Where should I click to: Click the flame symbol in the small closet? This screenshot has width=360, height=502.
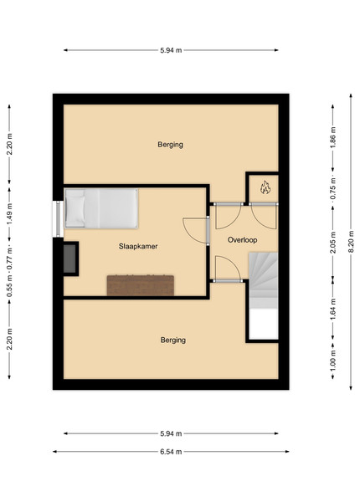(265, 187)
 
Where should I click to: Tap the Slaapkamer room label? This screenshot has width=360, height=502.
(138, 246)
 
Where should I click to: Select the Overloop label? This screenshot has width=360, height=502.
(242, 240)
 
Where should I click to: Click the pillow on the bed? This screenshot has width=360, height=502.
(75, 208)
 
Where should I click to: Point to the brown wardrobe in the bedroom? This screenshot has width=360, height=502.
(141, 285)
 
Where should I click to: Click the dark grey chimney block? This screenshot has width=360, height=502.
(69, 259)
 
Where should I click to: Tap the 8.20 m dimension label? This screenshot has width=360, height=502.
(351, 242)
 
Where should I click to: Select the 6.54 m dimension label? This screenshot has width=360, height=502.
(171, 452)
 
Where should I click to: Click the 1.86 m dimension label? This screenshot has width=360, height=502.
(333, 138)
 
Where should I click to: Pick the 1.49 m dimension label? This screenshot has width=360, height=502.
(9, 214)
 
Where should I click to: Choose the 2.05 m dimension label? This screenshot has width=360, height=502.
(333, 243)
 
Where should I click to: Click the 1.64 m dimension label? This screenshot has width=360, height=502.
(333, 309)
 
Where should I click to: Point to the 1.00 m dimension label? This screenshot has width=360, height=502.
(333, 361)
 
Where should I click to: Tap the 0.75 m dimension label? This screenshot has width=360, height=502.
(333, 188)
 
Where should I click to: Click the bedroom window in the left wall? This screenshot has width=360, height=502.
(58, 219)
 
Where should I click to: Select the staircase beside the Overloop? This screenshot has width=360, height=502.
(264, 295)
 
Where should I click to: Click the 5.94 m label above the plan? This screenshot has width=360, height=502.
(171, 50)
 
